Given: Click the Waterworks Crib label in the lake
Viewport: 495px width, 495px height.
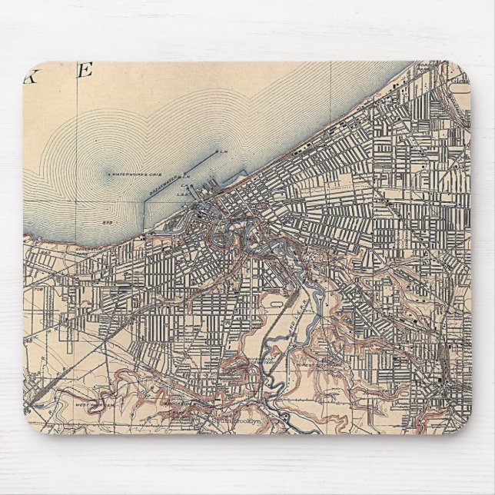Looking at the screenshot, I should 135,174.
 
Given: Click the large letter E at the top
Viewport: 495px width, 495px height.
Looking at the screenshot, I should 85,71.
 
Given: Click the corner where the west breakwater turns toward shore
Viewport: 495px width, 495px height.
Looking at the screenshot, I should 147,202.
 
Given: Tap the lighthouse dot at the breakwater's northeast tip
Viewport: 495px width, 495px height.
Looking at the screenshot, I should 218,151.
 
